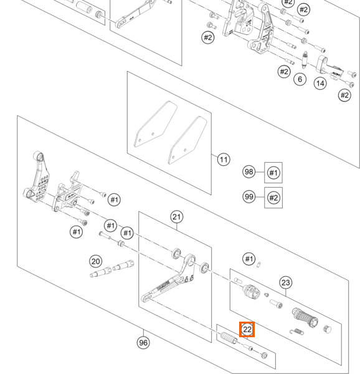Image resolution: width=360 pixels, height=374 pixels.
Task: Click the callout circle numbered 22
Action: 247,329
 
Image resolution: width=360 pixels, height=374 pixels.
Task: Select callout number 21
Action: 176,217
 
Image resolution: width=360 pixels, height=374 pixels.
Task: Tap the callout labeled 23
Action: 285,282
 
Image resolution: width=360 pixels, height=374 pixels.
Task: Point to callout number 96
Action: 143,343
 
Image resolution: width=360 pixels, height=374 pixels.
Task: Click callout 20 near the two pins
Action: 95,261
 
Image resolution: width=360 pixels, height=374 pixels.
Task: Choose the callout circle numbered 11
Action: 224,160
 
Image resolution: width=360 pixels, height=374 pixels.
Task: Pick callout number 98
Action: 249,172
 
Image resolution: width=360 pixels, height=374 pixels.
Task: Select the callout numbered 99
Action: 249,197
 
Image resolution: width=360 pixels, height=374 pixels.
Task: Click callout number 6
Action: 300,79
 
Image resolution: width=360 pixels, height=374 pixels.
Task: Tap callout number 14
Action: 320,84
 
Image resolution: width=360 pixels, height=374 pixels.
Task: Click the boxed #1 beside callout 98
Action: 273,173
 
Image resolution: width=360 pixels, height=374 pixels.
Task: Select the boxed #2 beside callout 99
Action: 273,198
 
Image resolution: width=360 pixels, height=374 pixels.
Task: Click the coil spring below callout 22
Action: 229,338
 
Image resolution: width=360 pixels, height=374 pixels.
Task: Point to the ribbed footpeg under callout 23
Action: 305,318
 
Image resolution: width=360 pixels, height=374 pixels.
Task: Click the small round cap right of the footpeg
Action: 328,329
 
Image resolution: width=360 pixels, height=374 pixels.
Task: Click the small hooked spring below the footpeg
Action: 297,332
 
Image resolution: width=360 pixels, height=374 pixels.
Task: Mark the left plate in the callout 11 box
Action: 156,124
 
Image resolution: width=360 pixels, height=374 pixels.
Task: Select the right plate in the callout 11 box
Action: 187,140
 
